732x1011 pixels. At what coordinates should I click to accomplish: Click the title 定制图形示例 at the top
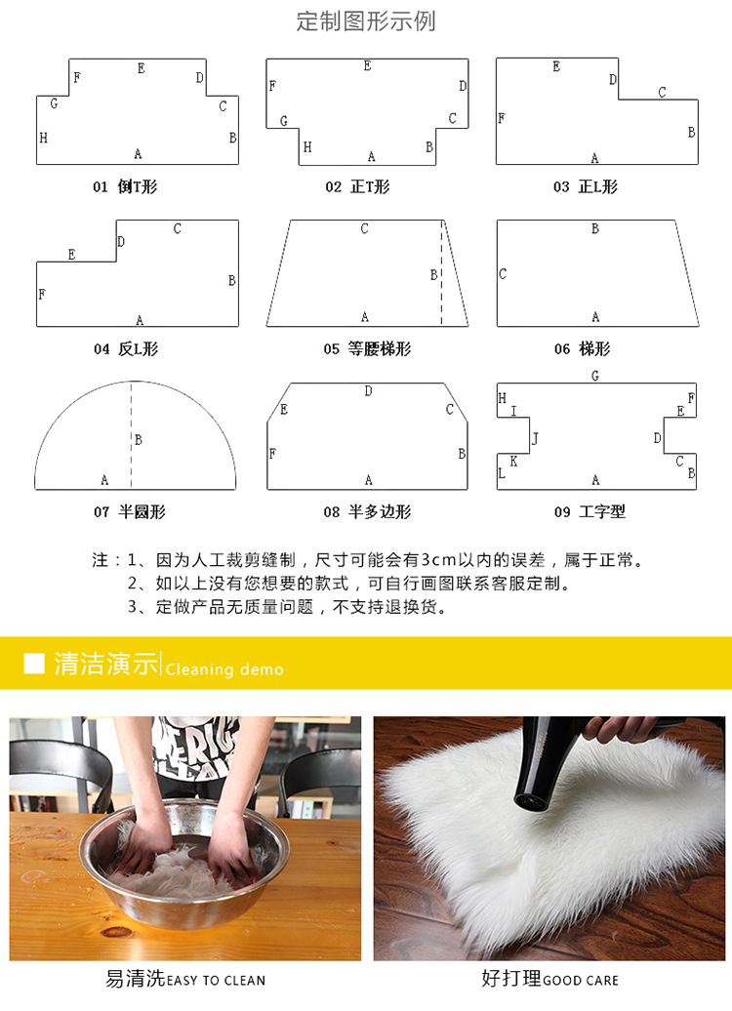click(x=366, y=21)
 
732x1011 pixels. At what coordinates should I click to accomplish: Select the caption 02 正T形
click(x=357, y=186)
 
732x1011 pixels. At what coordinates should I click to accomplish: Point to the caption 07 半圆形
click(x=130, y=511)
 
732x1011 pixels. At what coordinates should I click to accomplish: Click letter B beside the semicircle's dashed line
click(x=139, y=440)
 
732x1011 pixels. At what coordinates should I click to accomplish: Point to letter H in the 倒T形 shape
click(x=43, y=139)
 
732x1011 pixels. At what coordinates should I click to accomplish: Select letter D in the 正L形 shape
click(x=613, y=80)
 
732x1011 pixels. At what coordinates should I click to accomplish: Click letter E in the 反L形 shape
click(x=71, y=255)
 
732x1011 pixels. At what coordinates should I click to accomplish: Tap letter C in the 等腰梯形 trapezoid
click(x=365, y=229)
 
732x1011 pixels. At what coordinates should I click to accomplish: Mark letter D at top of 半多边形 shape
click(x=368, y=391)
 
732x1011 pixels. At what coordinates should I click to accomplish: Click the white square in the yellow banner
click(x=34, y=664)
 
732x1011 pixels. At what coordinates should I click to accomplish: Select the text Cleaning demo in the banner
click(x=224, y=669)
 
